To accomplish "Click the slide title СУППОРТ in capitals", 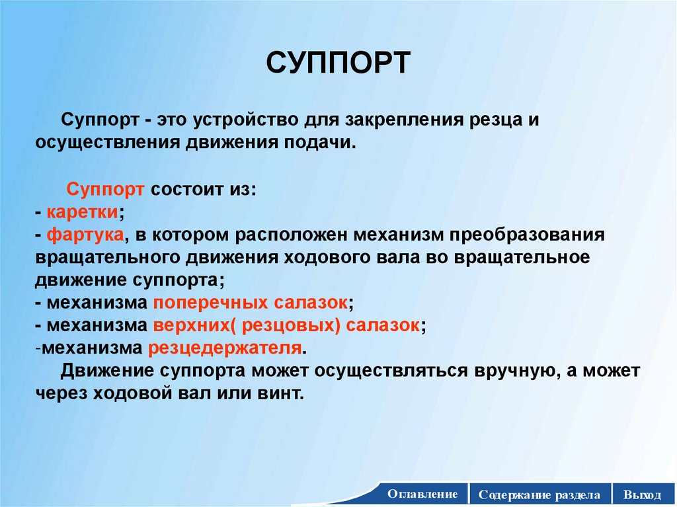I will pyautogui.click(x=338, y=65).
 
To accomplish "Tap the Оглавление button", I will pyautogui.click(x=422, y=494).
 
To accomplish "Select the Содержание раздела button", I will pyautogui.click(x=540, y=494).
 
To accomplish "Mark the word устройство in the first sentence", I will pyautogui.click(x=243, y=121).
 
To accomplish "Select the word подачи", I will pyautogui.click(x=325, y=143).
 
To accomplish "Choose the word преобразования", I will pyautogui.click(x=527, y=235).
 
